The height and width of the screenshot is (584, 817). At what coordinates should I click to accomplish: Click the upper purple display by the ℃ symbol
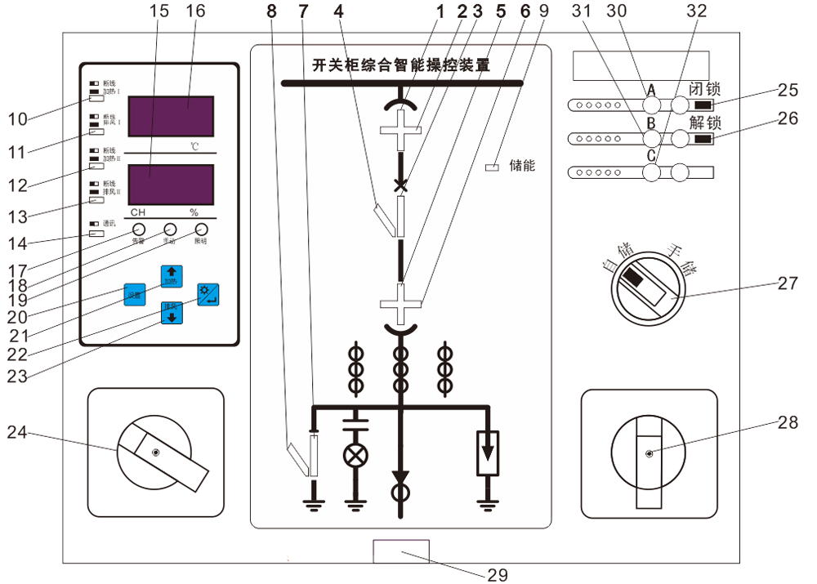click(172, 116)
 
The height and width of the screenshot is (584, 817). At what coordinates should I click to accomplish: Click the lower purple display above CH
click(172, 185)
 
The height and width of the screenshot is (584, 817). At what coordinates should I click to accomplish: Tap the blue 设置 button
click(133, 293)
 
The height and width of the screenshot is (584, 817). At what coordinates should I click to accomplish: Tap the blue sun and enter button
click(208, 294)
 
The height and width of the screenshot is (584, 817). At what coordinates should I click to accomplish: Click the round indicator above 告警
click(139, 230)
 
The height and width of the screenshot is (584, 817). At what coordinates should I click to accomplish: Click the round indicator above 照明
click(200, 230)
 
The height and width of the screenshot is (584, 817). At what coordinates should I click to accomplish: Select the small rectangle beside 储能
click(492, 167)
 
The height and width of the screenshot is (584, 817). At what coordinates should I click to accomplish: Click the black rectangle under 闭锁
click(702, 105)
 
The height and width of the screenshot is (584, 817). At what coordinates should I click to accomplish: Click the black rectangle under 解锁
click(702, 139)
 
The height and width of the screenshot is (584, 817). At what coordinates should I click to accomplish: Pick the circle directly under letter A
click(651, 105)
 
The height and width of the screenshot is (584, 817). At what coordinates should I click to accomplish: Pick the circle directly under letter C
click(651, 172)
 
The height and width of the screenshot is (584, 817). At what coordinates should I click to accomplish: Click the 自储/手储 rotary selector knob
click(644, 286)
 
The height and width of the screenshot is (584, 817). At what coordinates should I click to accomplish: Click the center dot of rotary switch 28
click(649, 454)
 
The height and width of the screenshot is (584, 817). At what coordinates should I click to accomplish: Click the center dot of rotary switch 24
click(156, 452)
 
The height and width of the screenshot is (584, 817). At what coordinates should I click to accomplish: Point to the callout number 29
click(498, 574)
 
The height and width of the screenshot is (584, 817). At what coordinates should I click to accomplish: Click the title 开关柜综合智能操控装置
click(401, 65)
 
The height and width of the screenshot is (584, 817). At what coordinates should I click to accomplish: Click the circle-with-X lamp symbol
click(355, 456)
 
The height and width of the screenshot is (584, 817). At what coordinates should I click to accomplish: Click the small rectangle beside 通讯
click(96, 233)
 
